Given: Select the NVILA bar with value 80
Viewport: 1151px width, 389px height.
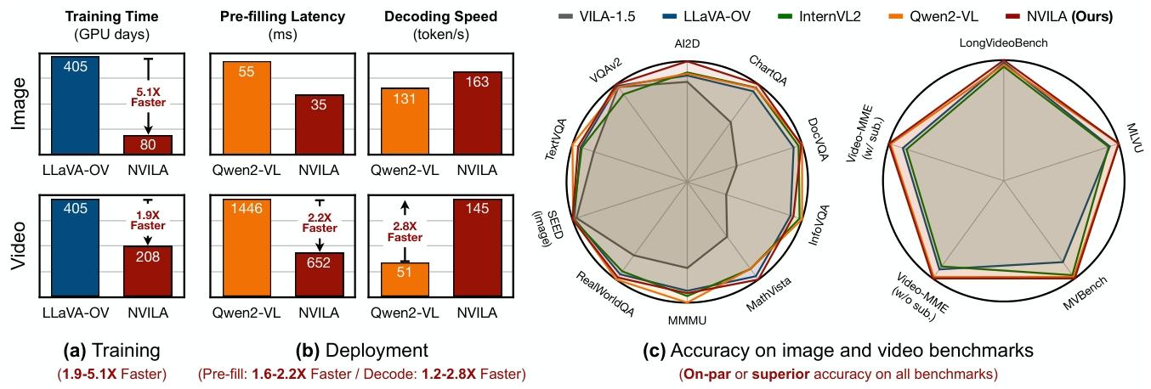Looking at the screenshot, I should point(148,145).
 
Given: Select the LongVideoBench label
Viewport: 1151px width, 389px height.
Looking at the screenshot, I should point(1004,42).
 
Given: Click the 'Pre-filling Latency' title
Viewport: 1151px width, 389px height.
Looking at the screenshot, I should point(283,16).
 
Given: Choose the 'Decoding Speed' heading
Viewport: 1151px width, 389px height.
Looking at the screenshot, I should point(441,16).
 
